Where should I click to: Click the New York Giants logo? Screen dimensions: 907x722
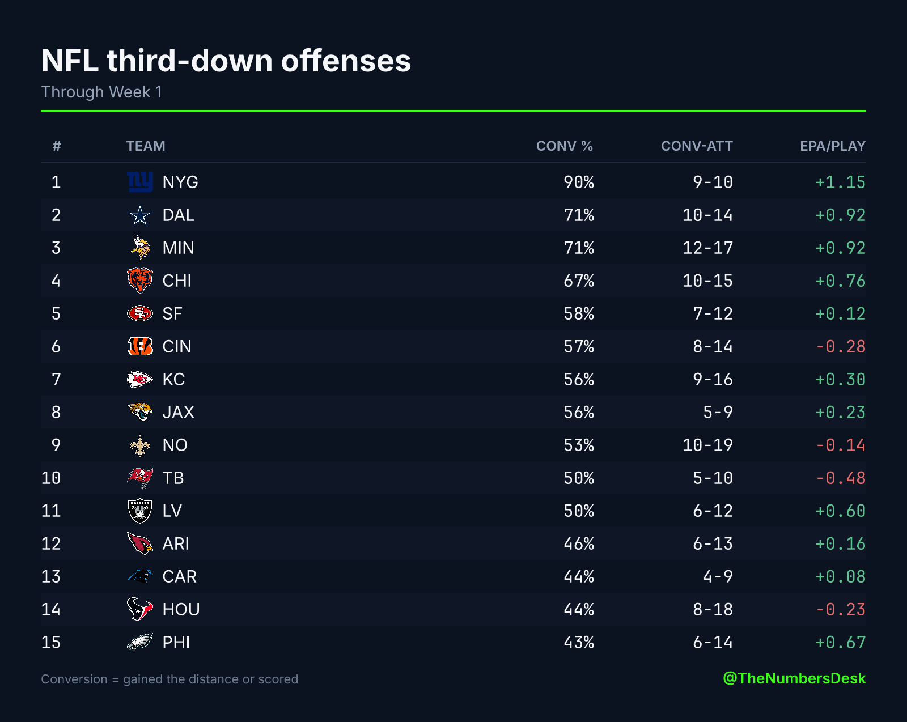point(140,182)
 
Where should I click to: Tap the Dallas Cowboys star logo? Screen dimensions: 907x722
point(140,215)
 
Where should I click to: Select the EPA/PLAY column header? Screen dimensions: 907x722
point(832,146)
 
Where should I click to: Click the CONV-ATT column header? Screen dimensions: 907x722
point(697,146)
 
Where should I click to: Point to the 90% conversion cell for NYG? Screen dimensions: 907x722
point(579,182)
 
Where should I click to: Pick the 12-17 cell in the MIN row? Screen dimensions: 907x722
point(707,248)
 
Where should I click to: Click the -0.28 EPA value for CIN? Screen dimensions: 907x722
point(841,346)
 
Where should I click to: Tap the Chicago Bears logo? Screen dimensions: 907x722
point(140,281)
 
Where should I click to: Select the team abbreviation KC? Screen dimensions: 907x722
point(173,379)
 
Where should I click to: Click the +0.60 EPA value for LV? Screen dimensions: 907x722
point(841,511)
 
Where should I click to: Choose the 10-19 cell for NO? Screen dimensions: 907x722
point(707,445)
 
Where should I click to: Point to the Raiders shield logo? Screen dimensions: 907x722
point(140,511)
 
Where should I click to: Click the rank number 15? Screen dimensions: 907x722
point(51,642)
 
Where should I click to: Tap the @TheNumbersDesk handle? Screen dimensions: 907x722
point(794,678)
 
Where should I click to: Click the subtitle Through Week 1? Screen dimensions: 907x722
point(101,92)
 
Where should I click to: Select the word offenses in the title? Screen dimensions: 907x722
point(346,61)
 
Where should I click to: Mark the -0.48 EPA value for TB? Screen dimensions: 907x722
point(841,478)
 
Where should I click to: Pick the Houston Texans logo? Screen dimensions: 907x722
point(140,609)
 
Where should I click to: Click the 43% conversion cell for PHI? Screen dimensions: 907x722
point(579,642)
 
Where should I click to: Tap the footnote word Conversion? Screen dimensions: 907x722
point(74,679)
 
